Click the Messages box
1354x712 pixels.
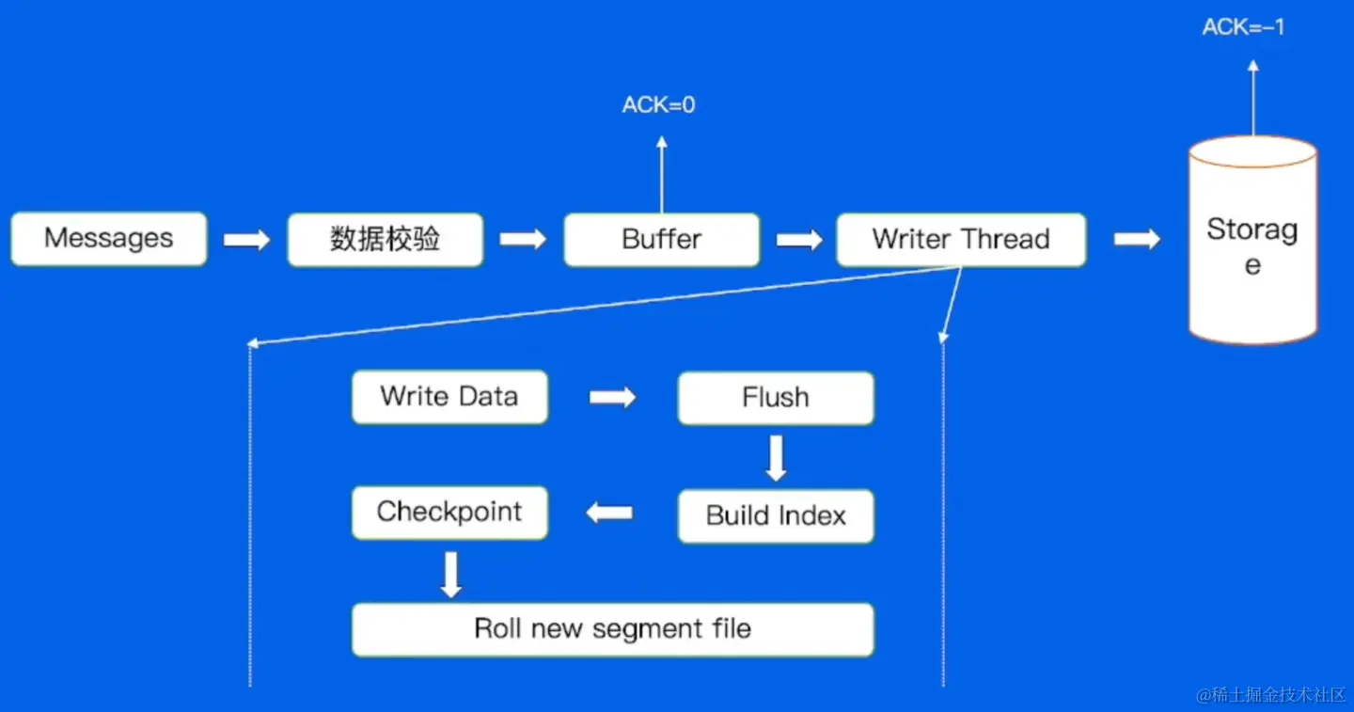[x=109, y=239]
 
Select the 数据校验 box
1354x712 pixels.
[x=386, y=239]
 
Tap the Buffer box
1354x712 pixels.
[x=662, y=239]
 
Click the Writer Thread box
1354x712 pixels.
[x=961, y=239]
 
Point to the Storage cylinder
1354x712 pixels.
[x=1253, y=241]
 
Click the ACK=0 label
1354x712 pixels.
[x=659, y=105]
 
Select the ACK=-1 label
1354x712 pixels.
[x=1243, y=26]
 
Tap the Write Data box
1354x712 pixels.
[x=449, y=397]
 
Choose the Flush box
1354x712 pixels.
[x=776, y=398]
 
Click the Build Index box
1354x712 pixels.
[x=776, y=516]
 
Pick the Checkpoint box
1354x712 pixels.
[x=449, y=513]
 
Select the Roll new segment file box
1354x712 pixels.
[x=613, y=629]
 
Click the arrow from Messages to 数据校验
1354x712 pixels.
[x=246, y=240]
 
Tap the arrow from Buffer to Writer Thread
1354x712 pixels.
[x=799, y=240]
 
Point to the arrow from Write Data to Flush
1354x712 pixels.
[x=612, y=397]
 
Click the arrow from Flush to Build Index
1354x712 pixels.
[x=776, y=458]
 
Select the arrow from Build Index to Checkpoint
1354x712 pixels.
[x=609, y=514]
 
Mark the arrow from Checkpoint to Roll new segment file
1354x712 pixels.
[x=451, y=575]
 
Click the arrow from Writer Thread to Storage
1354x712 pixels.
[x=1137, y=239]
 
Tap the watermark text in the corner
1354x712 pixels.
[x=1270, y=695]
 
